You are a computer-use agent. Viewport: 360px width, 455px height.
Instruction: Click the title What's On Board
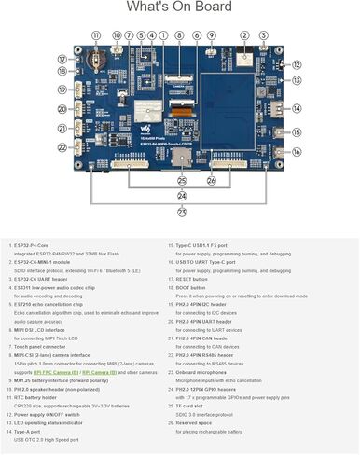pos(179,8)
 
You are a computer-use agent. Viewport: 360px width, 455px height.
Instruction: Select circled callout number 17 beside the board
pos(62,58)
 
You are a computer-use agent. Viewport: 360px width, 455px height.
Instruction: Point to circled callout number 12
pos(297,65)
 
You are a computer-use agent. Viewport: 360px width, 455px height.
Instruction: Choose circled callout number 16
pos(297,151)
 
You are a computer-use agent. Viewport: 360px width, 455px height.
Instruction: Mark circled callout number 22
pos(62,147)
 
